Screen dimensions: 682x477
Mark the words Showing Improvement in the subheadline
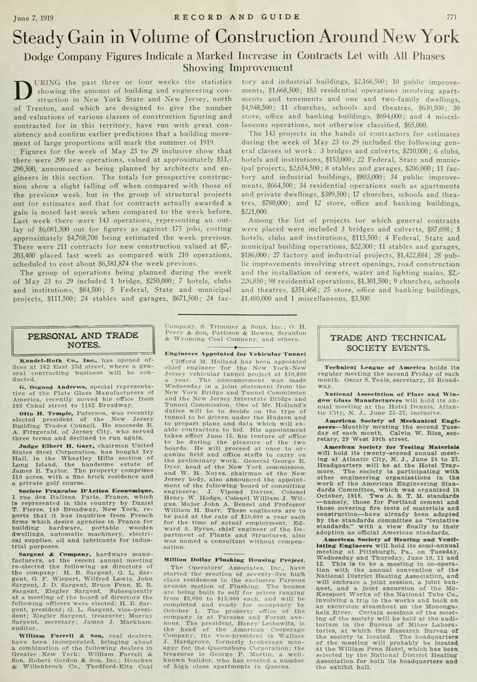click(239, 68)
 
